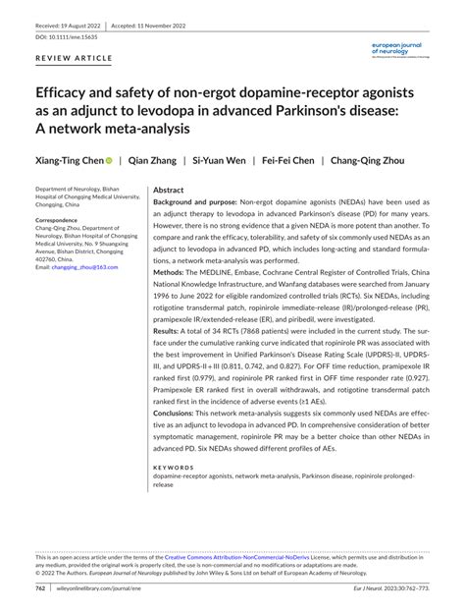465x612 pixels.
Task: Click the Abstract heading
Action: point(169,191)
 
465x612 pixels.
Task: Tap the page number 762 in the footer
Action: point(41,589)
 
